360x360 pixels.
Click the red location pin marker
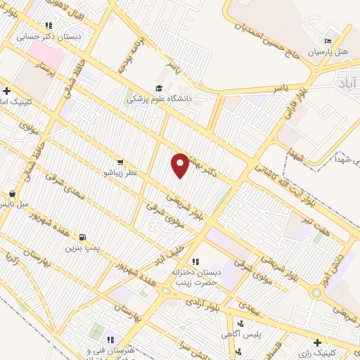pyautogui.click(x=181, y=165)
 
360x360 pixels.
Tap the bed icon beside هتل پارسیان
pyautogui.click(x=328, y=41)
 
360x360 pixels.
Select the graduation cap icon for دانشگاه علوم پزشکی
pyautogui.click(x=159, y=89)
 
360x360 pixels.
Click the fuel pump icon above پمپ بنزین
pyautogui.click(x=84, y=237)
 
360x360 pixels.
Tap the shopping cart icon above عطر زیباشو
pyautogui.click(x=120, y=161)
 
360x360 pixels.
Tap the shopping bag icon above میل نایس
pyautogui.click(x=11, y=193)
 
